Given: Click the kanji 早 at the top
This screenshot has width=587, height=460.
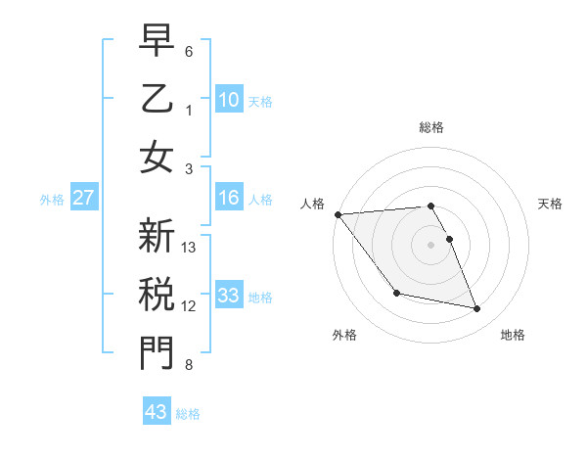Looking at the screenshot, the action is point(156,40).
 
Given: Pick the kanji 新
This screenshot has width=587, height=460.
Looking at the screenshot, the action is point(156,237).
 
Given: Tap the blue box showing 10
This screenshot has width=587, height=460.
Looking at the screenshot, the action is point(228,99).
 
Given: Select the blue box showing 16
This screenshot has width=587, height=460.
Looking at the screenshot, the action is point(228,199).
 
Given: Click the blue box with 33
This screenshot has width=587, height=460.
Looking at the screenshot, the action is point(228,296).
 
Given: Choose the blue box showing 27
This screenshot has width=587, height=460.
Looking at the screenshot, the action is point(84,199).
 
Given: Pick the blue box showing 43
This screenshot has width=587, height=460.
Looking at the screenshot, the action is point(157,412).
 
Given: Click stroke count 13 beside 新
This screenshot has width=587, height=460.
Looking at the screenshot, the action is point(190,248).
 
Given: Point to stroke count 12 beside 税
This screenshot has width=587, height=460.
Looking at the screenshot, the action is point(190,306).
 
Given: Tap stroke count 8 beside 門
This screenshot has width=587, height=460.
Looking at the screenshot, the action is point(189,365).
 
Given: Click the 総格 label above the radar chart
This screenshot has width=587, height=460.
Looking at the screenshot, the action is point(430,127).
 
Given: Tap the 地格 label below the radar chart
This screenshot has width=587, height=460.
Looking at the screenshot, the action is point(513,335).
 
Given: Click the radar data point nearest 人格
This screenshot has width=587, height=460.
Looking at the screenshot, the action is point(338,214).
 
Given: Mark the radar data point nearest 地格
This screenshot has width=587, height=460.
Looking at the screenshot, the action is point(477,309).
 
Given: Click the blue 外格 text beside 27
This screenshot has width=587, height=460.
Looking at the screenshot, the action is point(52,200).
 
